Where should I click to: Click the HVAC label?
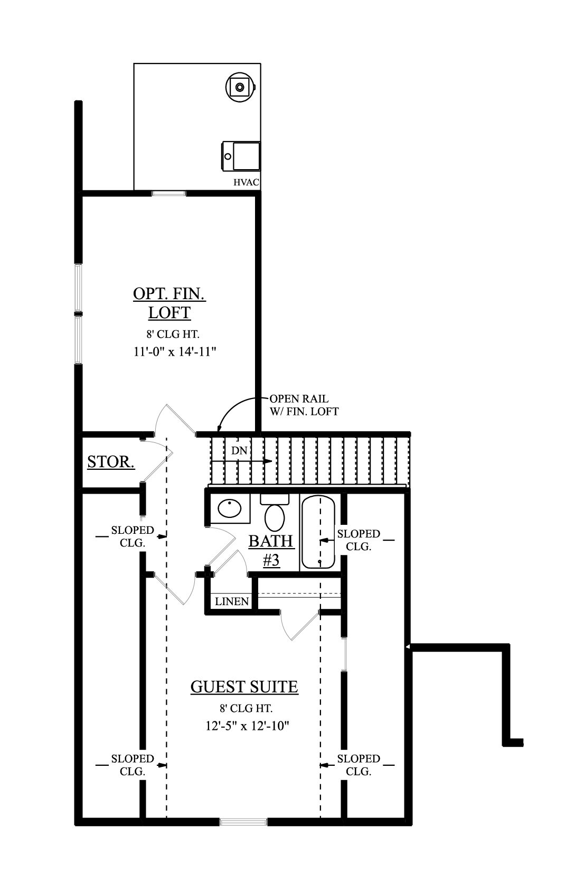[x=247, y=182]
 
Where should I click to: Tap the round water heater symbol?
[x=240, y=86]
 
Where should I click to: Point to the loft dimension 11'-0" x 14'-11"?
[x=175, y=352]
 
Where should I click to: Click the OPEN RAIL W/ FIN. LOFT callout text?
[x=304, y=405]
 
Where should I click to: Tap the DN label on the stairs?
[x=239, y=451]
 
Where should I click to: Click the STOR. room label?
[x=111, y=461]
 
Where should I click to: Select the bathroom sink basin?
[x=230, y=508]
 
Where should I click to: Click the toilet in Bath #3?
[x=275, y=513]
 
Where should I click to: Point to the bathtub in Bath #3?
[x=318, y=532]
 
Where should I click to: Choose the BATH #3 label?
[x=271, y=551]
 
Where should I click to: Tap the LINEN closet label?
[x=232, y=601]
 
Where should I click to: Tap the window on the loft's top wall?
[x=168, y=193]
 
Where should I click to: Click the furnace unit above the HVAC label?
[x=240, y=156]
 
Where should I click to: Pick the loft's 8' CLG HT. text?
[x=173, y=334]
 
